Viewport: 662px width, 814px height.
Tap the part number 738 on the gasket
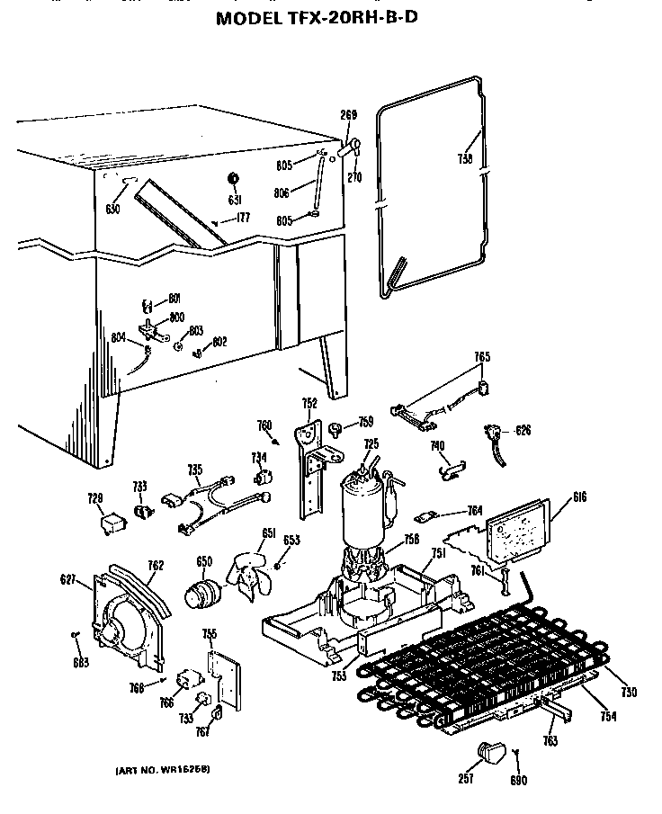pos(464,159)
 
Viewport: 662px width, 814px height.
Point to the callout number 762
pos(156,566)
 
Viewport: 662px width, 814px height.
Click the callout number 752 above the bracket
pos(309,404)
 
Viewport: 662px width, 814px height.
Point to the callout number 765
pos(481,357)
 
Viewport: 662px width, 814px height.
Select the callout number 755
pos(209,634)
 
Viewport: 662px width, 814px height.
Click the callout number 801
pos(174,300)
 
